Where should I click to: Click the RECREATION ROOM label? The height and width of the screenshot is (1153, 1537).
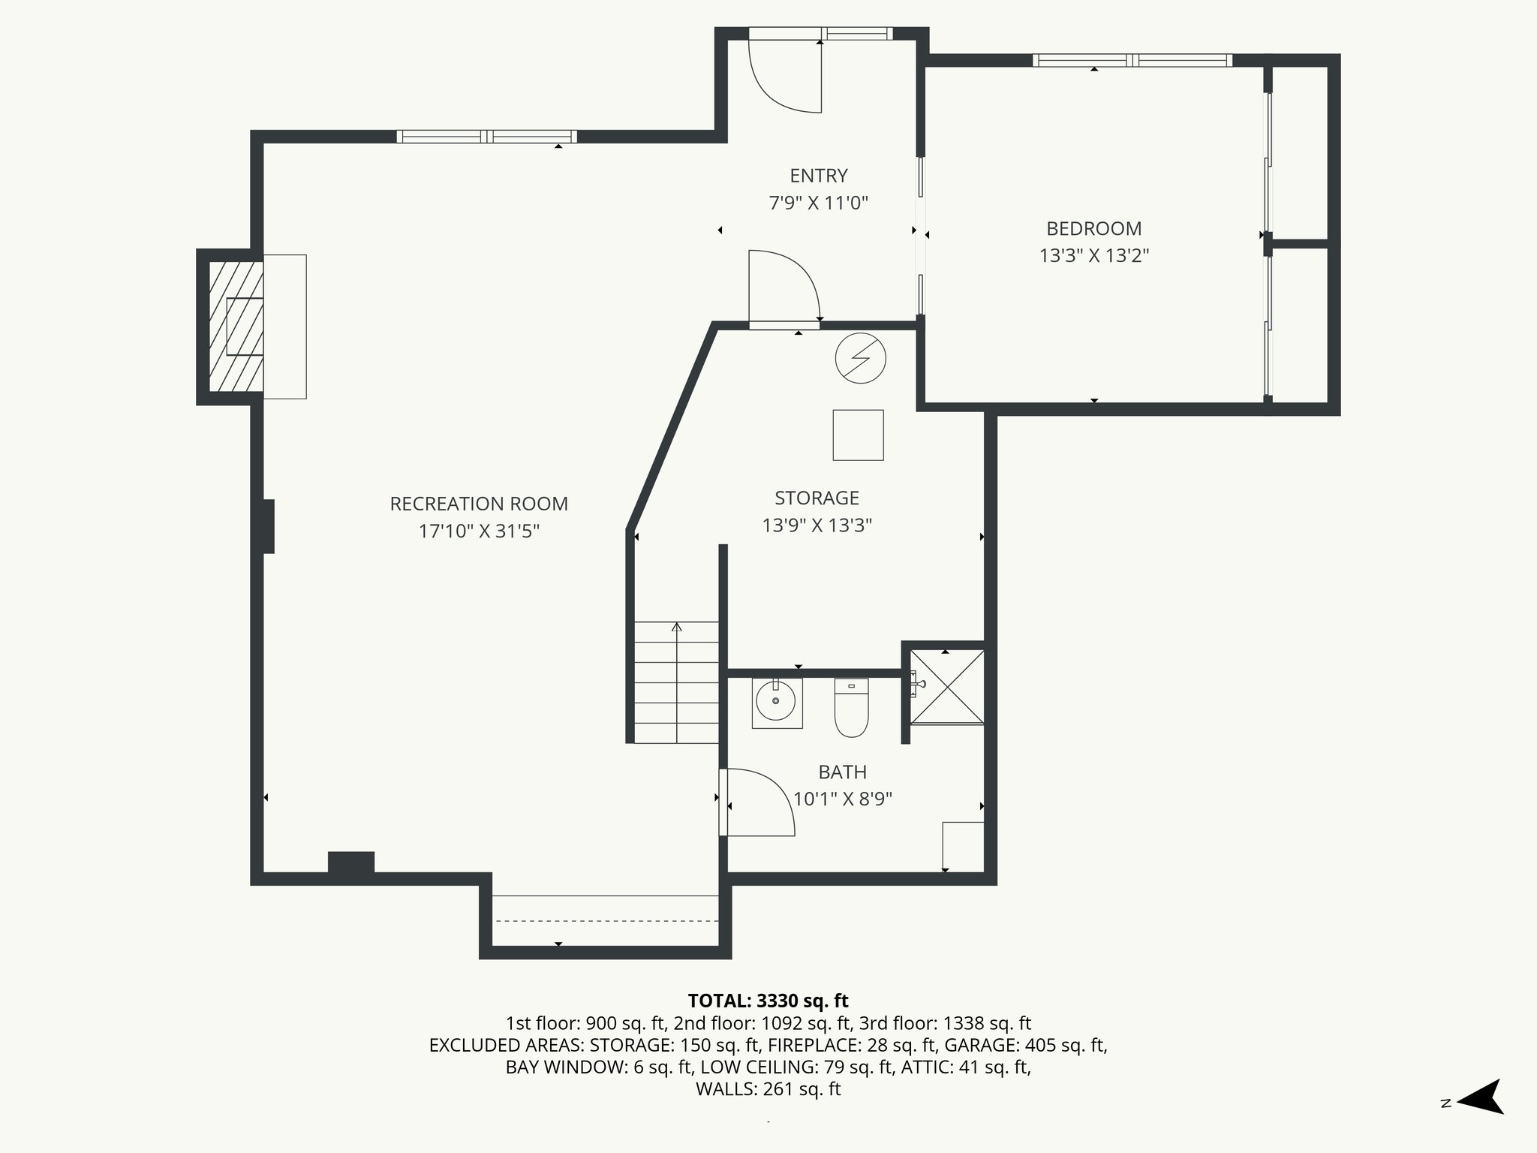[479, 504]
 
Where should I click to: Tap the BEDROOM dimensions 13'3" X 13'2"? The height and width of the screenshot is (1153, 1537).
[1093, 256]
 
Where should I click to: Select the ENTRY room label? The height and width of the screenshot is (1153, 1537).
[818, 176]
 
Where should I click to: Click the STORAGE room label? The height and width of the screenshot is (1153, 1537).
[817, 498]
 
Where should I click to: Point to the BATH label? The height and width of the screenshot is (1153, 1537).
[842, 772]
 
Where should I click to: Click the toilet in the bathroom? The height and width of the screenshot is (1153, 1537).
[851, 709]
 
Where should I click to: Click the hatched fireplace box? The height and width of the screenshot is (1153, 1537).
[235, 326]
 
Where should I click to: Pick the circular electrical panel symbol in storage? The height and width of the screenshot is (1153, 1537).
[860, 358]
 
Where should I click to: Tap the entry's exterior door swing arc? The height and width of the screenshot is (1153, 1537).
[786, 76]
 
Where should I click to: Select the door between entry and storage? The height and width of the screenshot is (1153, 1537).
[784, 289]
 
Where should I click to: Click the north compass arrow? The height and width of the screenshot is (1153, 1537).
[1479, 1102]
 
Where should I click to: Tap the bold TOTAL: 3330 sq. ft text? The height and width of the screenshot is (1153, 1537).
[768, 1001]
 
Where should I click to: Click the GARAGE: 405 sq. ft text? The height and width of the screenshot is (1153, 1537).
[1024, 1045]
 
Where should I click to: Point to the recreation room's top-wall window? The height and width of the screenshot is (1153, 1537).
[486, 137]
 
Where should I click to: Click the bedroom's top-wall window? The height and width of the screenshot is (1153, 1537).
[1132, 61]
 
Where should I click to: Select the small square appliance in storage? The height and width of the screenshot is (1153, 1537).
[858, 435]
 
